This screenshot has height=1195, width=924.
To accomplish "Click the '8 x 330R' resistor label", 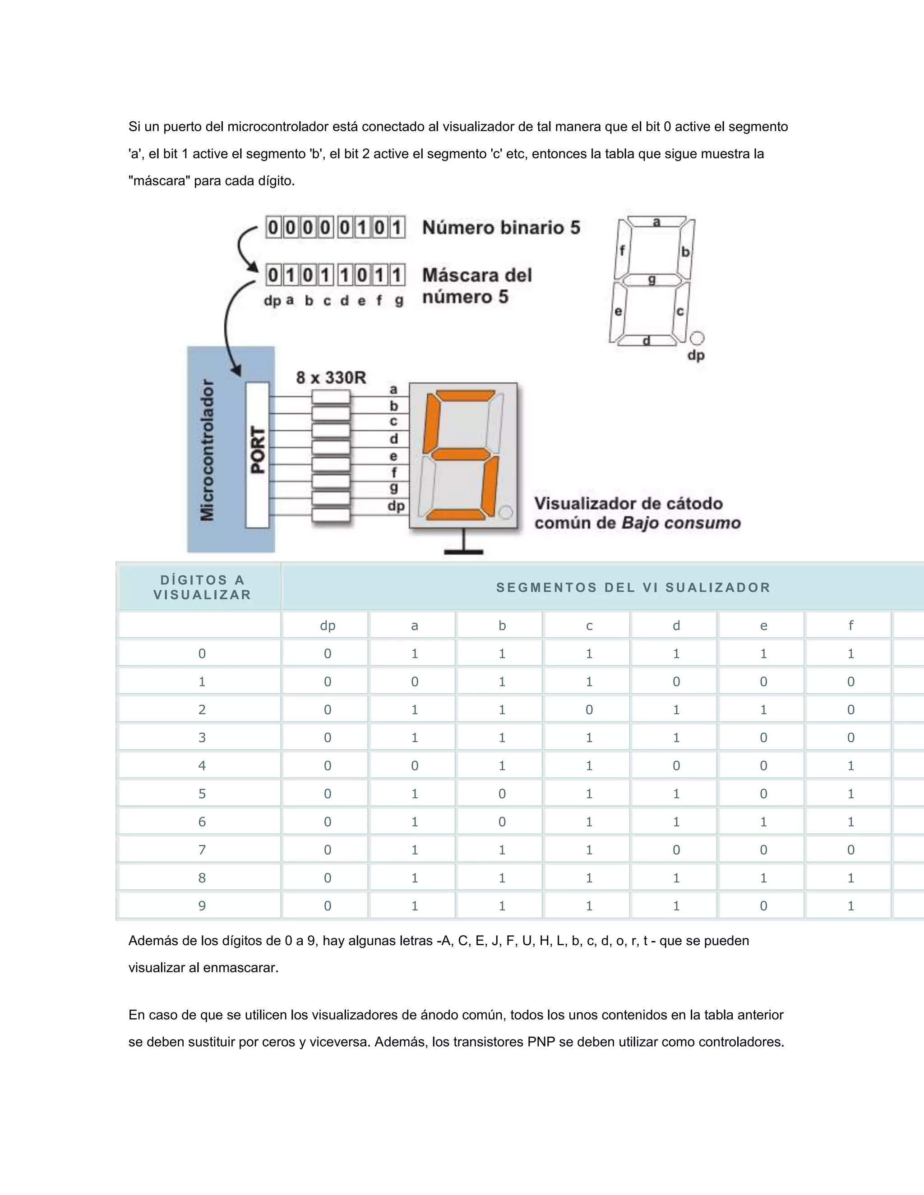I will pos(331,377).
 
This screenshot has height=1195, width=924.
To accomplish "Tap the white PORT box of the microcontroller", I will pos(257,454).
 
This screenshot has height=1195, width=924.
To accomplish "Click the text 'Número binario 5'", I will pos(501,228).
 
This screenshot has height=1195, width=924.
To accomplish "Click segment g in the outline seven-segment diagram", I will pos(652,280).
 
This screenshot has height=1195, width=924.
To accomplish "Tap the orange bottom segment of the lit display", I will pos(455,515).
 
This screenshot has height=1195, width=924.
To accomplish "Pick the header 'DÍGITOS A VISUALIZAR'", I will pos(202,587).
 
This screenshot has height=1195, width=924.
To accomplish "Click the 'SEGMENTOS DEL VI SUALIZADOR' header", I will pos(633,587).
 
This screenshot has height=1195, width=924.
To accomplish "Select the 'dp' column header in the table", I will pos(328,625).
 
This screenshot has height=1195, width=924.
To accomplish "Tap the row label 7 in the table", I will pos(202,850).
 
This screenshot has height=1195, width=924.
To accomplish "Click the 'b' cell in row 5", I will pos(502,793).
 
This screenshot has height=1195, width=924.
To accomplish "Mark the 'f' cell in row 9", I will pos(850,905).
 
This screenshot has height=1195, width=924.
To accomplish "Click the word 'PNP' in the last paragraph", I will pos(541,1042).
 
